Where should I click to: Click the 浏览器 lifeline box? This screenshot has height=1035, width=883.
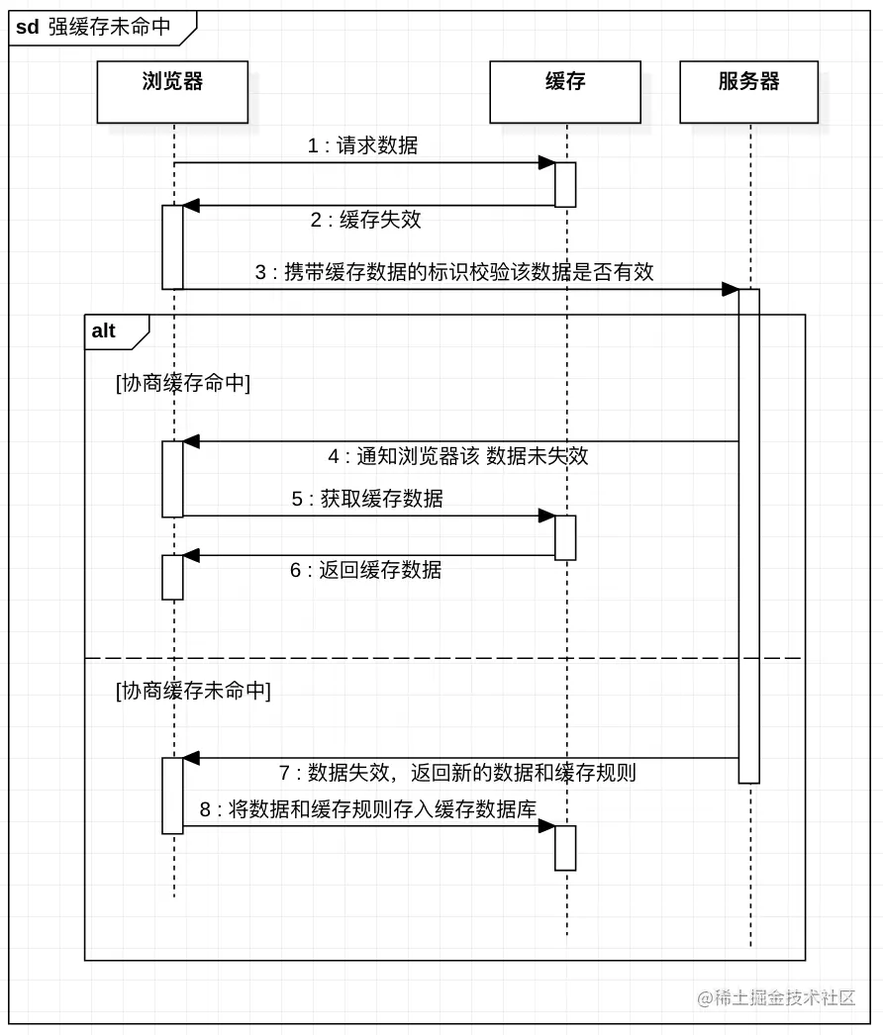coord(172,92)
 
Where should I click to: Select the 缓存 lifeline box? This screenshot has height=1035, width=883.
coord(565,92)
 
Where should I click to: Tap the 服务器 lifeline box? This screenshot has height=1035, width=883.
coord(748,92)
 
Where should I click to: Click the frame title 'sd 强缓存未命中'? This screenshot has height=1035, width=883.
coord(94,27)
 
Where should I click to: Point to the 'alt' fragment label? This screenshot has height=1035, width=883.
coord(104,331)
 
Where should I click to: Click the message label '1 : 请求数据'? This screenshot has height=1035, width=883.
coord(362,146)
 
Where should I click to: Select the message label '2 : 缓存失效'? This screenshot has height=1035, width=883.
coord(365,220)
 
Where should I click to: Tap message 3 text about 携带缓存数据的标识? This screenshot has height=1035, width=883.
coord(454,272)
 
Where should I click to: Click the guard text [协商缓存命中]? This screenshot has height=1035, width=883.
coord(183,384)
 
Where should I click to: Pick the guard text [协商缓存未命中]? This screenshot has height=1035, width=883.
coord(193,691)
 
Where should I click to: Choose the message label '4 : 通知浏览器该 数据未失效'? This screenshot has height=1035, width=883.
coord(457,456)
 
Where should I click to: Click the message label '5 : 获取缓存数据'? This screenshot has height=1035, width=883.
coord(367,499)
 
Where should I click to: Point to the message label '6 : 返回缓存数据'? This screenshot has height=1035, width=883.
coord(365,570)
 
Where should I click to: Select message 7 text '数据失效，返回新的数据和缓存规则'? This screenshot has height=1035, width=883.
coord(457,773)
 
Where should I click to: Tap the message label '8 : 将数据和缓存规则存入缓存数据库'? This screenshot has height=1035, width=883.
coord(367,809)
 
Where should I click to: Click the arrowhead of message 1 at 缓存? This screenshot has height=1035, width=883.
coord(545,162)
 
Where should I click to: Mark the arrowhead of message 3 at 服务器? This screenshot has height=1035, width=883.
coord(731,289)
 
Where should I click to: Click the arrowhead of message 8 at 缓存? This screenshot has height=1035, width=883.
coord(545,825)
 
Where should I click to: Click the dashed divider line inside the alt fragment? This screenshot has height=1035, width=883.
coord(444,657)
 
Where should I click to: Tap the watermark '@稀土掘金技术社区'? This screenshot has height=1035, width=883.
coord(776,998)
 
